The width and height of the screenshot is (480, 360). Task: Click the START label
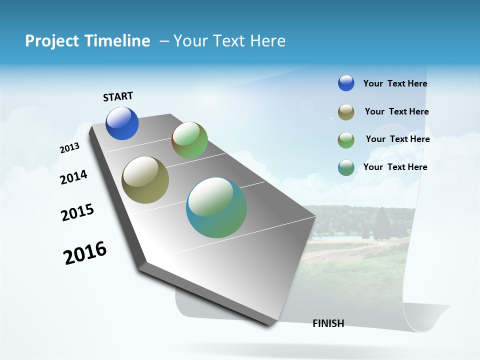[x=118, y=96]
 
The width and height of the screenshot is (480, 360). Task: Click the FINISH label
[x=328, y=323]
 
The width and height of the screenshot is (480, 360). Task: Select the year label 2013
[x=69, y=148]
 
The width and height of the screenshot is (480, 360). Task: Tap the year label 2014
[x=73, y=177]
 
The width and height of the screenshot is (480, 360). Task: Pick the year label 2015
[x=77, y=212]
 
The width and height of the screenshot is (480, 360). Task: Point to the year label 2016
[x=85, y=253]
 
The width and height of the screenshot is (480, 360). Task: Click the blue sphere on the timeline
[x=122, y=123]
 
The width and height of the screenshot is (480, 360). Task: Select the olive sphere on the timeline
[x=145, y=180]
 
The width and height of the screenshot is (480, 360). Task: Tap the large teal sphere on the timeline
[x=216, y=207]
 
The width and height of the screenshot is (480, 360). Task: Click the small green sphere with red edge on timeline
[x=189, y=140]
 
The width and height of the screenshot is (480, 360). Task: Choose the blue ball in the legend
[x=346, y=83]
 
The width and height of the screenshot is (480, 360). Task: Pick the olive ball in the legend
[x=346, y=112]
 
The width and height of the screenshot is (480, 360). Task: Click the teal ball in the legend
[x=346, y=167]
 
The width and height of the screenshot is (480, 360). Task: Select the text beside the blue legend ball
[x=395, y=84]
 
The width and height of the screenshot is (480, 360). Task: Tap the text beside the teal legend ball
[x=395, y=167]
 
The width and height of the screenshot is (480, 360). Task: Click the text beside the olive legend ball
[x=396, y=111]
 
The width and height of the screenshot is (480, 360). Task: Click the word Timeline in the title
[x=117, y=41]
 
